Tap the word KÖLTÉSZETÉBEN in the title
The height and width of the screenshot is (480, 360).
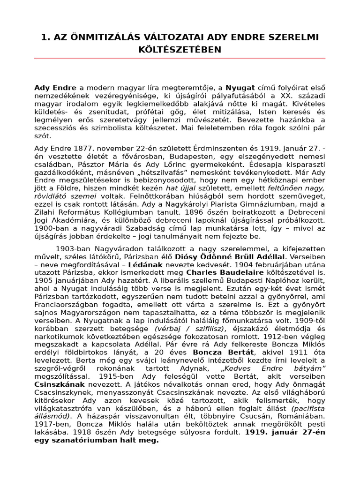pyautogui.click(x=180, y=49)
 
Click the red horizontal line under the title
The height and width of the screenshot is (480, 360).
pyautogui.click(x=180, y=58)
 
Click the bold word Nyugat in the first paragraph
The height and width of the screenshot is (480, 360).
pyautogui.click(x=240, y=88)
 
